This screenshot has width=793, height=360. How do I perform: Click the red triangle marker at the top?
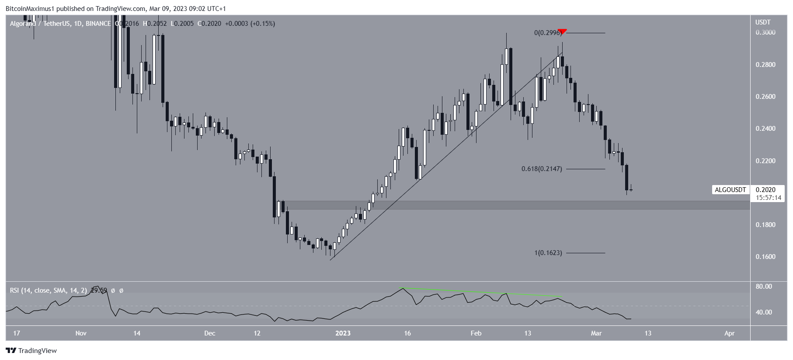coord(562,31)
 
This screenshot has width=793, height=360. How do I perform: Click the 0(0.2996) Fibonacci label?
coord(547,33)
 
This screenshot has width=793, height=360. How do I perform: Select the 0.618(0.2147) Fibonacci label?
coord(542,169)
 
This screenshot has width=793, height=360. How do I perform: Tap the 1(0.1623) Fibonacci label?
coord(548,253)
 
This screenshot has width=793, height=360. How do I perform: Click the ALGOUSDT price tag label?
coord(730,190)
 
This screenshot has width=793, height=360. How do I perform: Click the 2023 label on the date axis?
coord(343,333)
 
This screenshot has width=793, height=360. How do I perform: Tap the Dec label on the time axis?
coord(209,333)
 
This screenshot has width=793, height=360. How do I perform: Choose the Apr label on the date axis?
coord(729,333)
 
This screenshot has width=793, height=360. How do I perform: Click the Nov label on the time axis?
coord(81,333)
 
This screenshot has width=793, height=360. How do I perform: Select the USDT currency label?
coord(763,22)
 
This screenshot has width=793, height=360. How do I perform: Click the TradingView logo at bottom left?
coord(31,350)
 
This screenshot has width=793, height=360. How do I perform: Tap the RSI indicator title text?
coord(48,290)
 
